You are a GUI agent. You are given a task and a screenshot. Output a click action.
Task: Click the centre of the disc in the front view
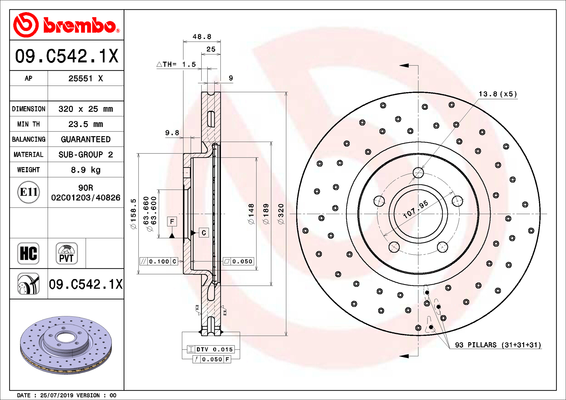coord(418,214)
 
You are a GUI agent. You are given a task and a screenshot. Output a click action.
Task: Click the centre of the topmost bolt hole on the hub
coord(418,173)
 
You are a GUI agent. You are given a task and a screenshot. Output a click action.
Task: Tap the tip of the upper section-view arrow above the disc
coord(400,65)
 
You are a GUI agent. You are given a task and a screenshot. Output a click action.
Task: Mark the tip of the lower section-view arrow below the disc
coord(400,356)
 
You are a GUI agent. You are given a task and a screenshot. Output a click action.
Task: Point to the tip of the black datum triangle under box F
coord(172,233)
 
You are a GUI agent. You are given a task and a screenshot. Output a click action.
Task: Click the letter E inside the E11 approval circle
coord(24,192)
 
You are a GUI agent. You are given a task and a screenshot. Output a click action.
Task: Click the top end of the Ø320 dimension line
coord(286,92)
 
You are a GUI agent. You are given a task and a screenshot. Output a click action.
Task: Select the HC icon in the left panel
coord(28,253)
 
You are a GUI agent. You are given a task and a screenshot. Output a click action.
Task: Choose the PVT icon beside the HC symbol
coord(67,253)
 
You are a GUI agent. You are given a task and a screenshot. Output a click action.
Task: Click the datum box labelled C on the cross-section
coord(204,233)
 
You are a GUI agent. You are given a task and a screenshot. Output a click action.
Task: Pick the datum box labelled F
coord(172,222)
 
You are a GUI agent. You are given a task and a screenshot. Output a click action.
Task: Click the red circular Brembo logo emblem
coord(26,25)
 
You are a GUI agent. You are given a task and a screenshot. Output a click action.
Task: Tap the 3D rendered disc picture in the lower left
coord(66,345)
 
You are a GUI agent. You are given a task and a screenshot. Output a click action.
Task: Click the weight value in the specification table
coord(86,170)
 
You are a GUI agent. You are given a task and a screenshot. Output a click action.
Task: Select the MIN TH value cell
coord(86,124)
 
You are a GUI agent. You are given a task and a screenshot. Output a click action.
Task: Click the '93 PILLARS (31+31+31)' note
coord(498,345)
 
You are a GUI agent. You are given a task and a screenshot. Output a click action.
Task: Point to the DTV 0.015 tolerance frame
coord(211,349)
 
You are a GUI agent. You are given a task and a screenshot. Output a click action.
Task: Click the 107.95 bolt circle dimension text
coord(416,209)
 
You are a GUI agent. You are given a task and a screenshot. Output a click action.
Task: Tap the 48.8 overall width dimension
coord(202,37)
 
